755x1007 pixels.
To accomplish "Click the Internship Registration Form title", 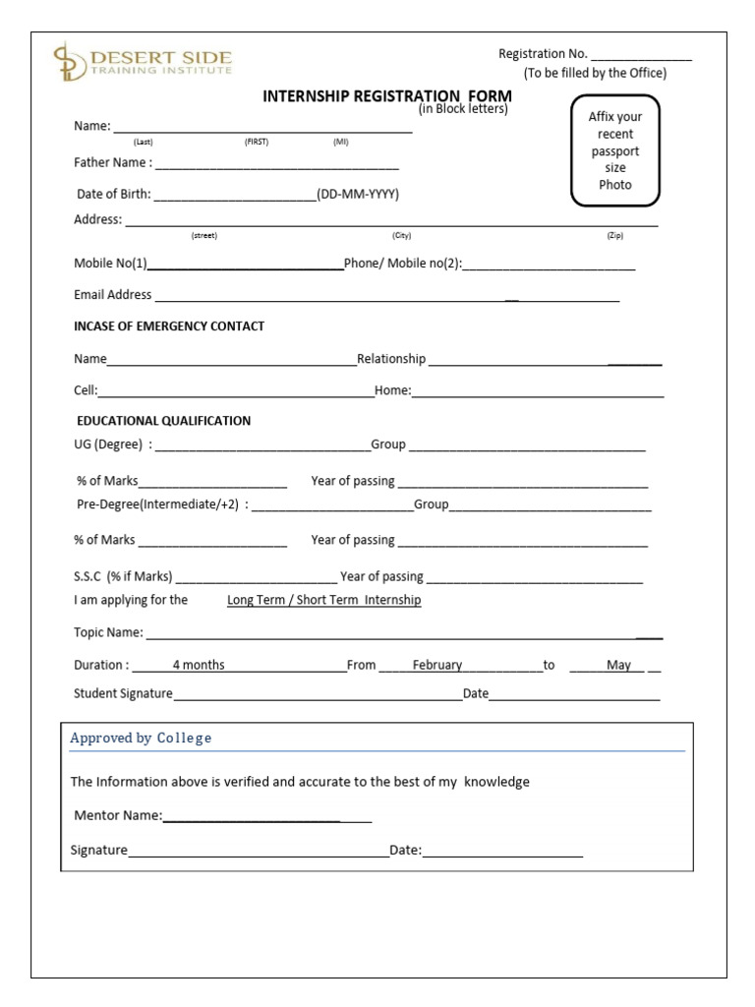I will tap(386, 96).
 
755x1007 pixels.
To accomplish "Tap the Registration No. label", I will tap(543, 54).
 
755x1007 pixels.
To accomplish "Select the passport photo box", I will tap(614, 150).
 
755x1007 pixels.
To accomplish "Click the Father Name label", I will tap(112, 162).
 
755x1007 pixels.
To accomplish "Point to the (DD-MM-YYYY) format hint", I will tap(357, 194).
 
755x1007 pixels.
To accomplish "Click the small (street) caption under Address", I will tap(203, 236).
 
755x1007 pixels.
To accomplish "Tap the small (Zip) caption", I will tap(614, 236).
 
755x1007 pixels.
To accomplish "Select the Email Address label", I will tap(113, 294).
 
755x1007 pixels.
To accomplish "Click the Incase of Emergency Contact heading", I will tap(169, 326).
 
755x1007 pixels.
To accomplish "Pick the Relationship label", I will tap(391, 359).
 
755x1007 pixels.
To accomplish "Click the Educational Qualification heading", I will tap(163, 420).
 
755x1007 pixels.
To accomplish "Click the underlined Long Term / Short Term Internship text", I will tap(323, 600).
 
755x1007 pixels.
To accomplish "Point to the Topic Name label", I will tap(108, 632).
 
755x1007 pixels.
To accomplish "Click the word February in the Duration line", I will tap(436, 665).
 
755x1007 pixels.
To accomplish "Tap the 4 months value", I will tap(199, 665).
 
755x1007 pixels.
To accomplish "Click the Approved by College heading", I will tap(141, 738).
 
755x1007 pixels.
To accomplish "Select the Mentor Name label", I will tap(118, 815).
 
